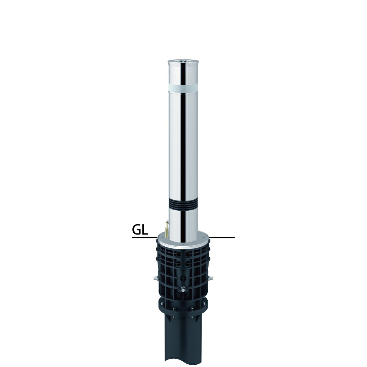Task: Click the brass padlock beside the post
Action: click(x=166, y=230)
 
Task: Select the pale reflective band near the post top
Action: click(x=183, y=88)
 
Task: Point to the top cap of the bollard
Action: click(x=183, y=62)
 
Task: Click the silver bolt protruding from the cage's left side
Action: click(x=156, y=278)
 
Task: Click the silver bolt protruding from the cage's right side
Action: click(x=210, y=278)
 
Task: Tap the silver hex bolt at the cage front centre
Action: click(x=183, y=289)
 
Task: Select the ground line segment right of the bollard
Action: click(x=222, y=238)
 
